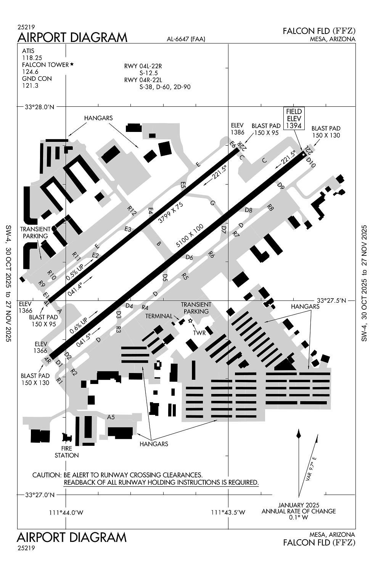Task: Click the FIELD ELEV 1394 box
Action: click(294, 118)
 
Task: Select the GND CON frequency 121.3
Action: click(30, 85)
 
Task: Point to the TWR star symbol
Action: click(191, 321)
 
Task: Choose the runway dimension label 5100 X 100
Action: click(190, 236)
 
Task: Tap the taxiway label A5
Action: click(111, 417)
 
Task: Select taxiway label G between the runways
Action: click(212, 203)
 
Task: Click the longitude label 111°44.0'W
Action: click(66, 513)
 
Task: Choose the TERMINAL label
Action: click(159, 316)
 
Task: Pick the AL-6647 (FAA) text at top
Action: click(186, 39)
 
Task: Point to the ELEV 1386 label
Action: click(237, 129)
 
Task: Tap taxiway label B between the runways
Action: click(159, 243)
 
